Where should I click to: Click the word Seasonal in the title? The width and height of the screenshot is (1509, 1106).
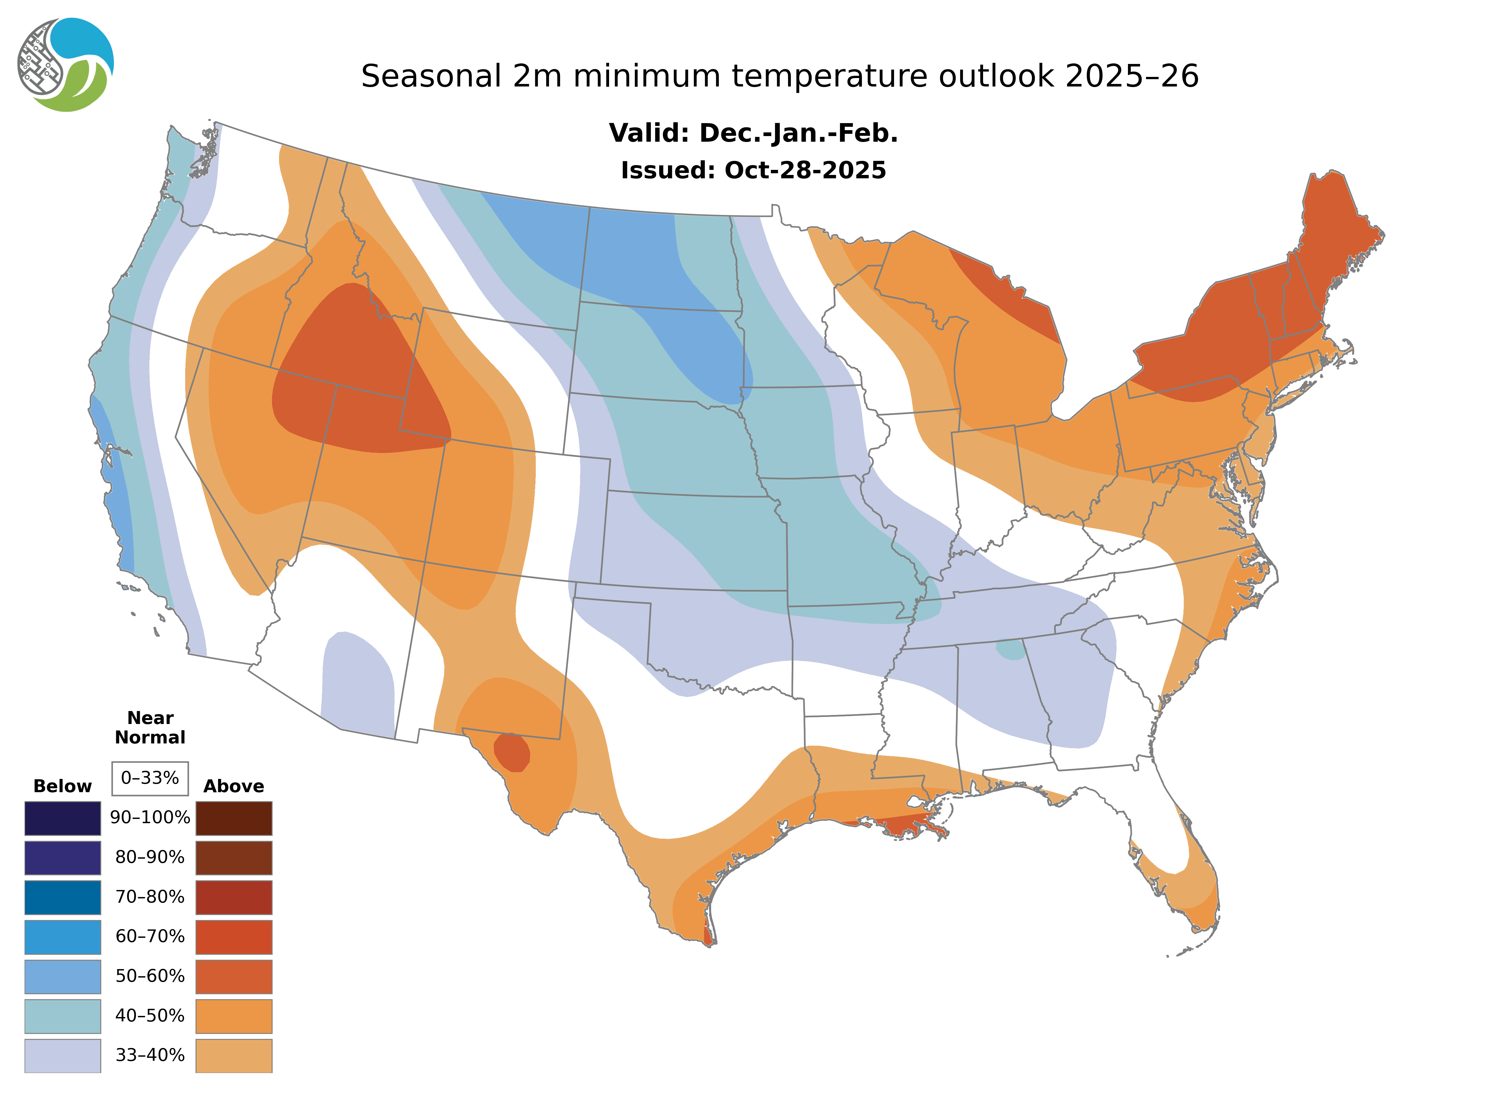(x=431, y=76)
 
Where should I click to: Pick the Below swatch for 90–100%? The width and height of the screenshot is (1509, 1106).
(x=62, y=818)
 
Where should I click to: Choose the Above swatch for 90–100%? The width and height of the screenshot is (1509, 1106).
(x=234, y=818)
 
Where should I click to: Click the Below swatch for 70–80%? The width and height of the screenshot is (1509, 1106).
(x=62, y=897)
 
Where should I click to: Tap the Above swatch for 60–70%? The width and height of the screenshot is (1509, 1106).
(x=234, y=937)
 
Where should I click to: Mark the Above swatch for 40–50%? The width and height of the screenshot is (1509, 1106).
(x=234, y=1016)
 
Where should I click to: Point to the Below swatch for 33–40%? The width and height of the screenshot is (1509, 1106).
(x=62, y=1055)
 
